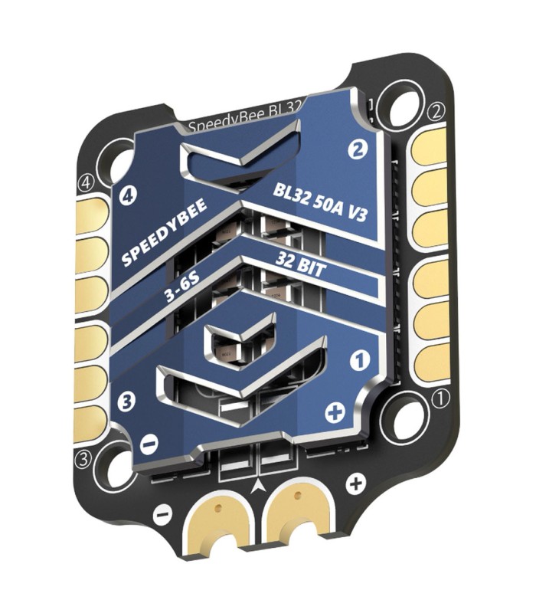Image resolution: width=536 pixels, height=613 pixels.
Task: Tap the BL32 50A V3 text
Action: [321, 202]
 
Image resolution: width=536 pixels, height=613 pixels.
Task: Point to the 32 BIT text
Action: [301, 270]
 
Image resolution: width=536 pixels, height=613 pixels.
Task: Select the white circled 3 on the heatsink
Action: [127, 401]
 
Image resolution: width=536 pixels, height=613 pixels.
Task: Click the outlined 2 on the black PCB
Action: [437, 112]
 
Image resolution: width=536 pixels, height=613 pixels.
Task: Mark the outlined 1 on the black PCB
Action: [440, 398]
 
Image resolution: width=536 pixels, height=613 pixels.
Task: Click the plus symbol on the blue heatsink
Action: [334, 414]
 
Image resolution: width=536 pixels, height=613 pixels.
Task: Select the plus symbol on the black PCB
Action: [355, 484]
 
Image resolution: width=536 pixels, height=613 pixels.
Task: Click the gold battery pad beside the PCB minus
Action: [218, 521]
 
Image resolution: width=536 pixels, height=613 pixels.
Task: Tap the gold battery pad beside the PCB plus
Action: [295, 512]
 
